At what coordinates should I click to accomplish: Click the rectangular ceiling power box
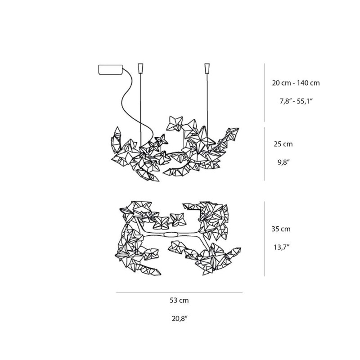(x=110, y=70)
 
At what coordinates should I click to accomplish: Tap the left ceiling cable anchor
(x=140, y=68)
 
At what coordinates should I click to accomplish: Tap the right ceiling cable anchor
(x=207, y=68)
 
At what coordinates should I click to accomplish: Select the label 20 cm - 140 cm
(x=296, y=83)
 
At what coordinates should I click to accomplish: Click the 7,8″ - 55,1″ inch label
(x=296, y=101)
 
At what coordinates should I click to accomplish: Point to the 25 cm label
(x=283, y=144)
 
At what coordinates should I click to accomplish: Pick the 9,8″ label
(x=284, y=162)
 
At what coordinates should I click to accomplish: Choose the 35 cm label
(x=281, y=229)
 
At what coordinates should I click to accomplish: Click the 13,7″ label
(x=281, y=247)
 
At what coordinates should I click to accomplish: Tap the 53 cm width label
(x=179, y=300)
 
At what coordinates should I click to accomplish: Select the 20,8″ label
(x=180, y=319)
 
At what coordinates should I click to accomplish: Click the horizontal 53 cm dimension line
(x=179, y=292)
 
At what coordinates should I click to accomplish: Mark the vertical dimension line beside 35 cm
(x=265, y=238)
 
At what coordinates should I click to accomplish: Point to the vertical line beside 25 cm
(x=265, y=153)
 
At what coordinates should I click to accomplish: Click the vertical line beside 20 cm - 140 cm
(x=265, y=93)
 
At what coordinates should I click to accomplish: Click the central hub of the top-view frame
(x=170, y=235)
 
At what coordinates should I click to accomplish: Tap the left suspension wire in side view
(x=140, y=110)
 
